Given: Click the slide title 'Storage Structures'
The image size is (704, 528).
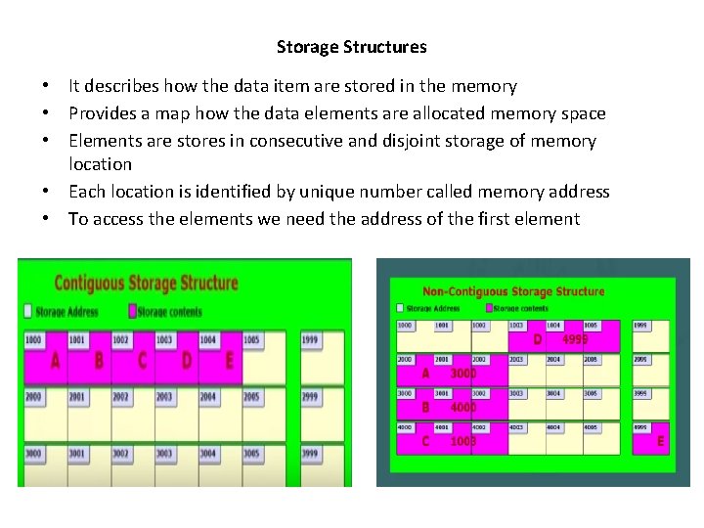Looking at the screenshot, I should (351, 47).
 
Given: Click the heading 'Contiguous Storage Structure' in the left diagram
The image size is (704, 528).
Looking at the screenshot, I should (146, 284).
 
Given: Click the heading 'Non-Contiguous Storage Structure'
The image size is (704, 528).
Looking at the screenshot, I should (513, 291).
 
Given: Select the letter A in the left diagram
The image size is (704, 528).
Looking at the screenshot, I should (55, 362).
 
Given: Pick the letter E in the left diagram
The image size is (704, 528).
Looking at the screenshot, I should (230, 362).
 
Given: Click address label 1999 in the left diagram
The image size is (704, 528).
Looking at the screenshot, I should (309, 339).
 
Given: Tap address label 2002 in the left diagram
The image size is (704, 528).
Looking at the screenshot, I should (120, 397).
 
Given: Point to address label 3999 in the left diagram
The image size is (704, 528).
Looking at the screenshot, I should (309, 454).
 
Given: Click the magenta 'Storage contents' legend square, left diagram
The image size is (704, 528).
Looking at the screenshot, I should (133, 311).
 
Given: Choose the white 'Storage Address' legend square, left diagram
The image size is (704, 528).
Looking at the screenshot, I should (28, 311).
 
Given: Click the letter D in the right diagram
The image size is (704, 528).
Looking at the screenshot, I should (537, 340).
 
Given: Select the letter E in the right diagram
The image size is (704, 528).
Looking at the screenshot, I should (660, 441).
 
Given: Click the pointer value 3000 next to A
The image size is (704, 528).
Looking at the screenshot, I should (462, 374).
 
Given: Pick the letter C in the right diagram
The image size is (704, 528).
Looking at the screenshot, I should (425, 441).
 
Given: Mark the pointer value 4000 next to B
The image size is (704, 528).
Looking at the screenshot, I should (462, 407).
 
